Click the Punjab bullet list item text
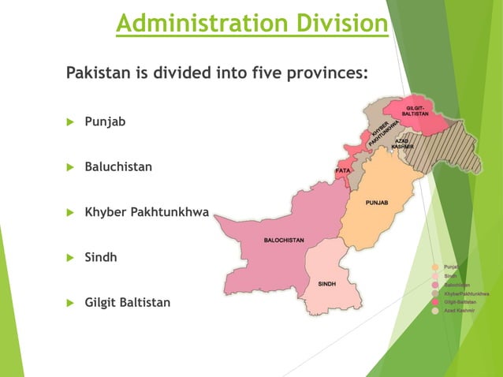coord(105,122)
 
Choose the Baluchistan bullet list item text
coord(118,167)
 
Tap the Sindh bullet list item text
coord(101,257)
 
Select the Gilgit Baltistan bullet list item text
coord(127,303)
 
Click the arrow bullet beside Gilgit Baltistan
coord(69,303)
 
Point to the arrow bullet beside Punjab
coord(69,122)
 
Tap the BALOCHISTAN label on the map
coord(284,239)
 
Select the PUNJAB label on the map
coord(376,203)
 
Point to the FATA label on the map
coord(343,170)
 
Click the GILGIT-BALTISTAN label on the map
coord(418,110)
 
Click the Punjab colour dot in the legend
coord(434,267)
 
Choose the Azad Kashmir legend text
coord(461,311)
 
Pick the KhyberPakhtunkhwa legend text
coord(467,293)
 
